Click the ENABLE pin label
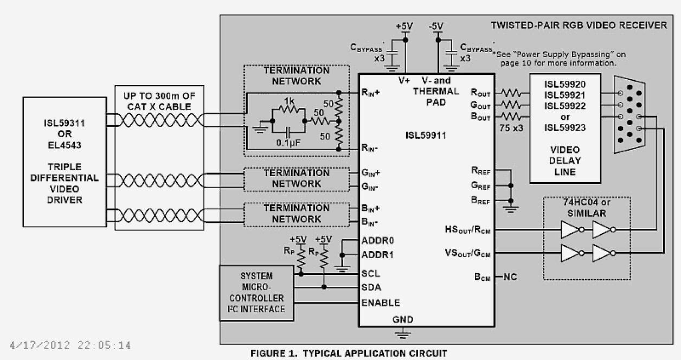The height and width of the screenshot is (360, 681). [381, 303]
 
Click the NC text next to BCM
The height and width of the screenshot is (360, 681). [510, 277]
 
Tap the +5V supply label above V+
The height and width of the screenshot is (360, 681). [405, 25]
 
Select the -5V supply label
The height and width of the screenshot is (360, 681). [436, 25]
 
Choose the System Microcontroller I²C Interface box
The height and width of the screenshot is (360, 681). [254, 292]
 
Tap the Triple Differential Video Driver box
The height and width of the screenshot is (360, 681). [65, 161]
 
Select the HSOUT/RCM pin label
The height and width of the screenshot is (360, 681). [467, 230]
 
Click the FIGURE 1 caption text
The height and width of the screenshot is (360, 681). [349, 353]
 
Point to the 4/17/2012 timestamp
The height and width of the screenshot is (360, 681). [70, 345]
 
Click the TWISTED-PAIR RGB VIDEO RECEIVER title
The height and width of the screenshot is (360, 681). [579, 25]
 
